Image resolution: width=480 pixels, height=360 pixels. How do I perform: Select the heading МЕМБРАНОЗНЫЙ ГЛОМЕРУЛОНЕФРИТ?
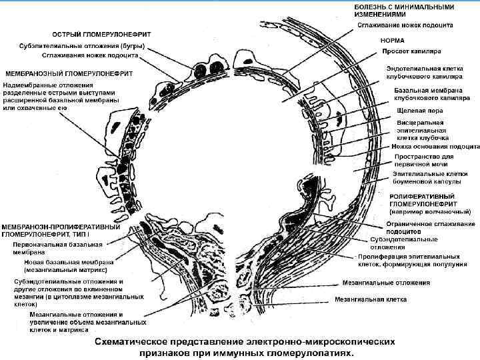tap(69, 72)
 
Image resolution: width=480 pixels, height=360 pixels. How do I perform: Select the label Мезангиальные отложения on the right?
tap(385, 282)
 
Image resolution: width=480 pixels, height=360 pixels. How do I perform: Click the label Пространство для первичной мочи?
tap(429, 161)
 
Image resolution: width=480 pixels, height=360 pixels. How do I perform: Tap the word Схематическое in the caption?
tap(138, 339)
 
